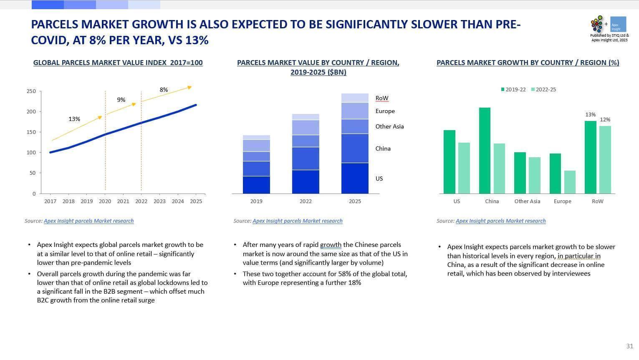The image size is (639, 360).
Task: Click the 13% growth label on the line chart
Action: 74,119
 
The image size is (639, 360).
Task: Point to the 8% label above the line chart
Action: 164,90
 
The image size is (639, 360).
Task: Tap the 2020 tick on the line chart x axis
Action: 105,201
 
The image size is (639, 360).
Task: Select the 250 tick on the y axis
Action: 31,91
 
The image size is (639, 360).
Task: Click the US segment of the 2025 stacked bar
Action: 355,178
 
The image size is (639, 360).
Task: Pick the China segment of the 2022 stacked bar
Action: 306,159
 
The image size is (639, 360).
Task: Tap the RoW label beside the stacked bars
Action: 382,98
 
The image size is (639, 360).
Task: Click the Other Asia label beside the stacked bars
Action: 389,126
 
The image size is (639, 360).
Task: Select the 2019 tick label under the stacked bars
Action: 256,201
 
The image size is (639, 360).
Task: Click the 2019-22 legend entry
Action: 513,90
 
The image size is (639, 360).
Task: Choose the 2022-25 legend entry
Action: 543,90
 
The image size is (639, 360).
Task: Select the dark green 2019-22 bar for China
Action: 485,151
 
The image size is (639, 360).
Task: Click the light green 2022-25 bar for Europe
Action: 570,182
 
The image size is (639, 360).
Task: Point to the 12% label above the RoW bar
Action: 605,120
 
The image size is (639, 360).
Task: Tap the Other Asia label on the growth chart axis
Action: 527,201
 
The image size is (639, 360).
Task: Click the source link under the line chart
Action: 88,221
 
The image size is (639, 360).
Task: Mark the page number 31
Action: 630,346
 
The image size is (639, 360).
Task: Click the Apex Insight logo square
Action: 618,24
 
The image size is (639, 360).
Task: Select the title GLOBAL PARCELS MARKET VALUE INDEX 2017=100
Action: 118,63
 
